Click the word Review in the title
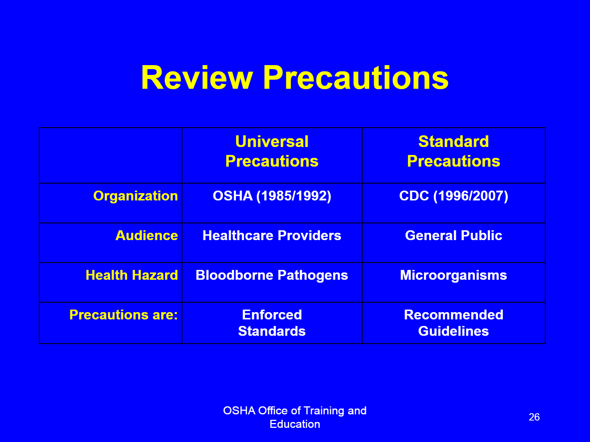tap(197, 78)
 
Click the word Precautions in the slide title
tap(356, 78)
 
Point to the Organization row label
tap(135, 196)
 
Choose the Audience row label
tap(146, 235)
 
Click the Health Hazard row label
tap(132, 275)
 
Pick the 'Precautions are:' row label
tap(123, 315)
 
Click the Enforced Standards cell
tap(272, 323)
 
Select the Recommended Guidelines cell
tap(453, 323)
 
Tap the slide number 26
tap(534, 417)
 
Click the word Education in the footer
tap(295, 424)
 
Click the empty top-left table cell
tap(110, 155)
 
